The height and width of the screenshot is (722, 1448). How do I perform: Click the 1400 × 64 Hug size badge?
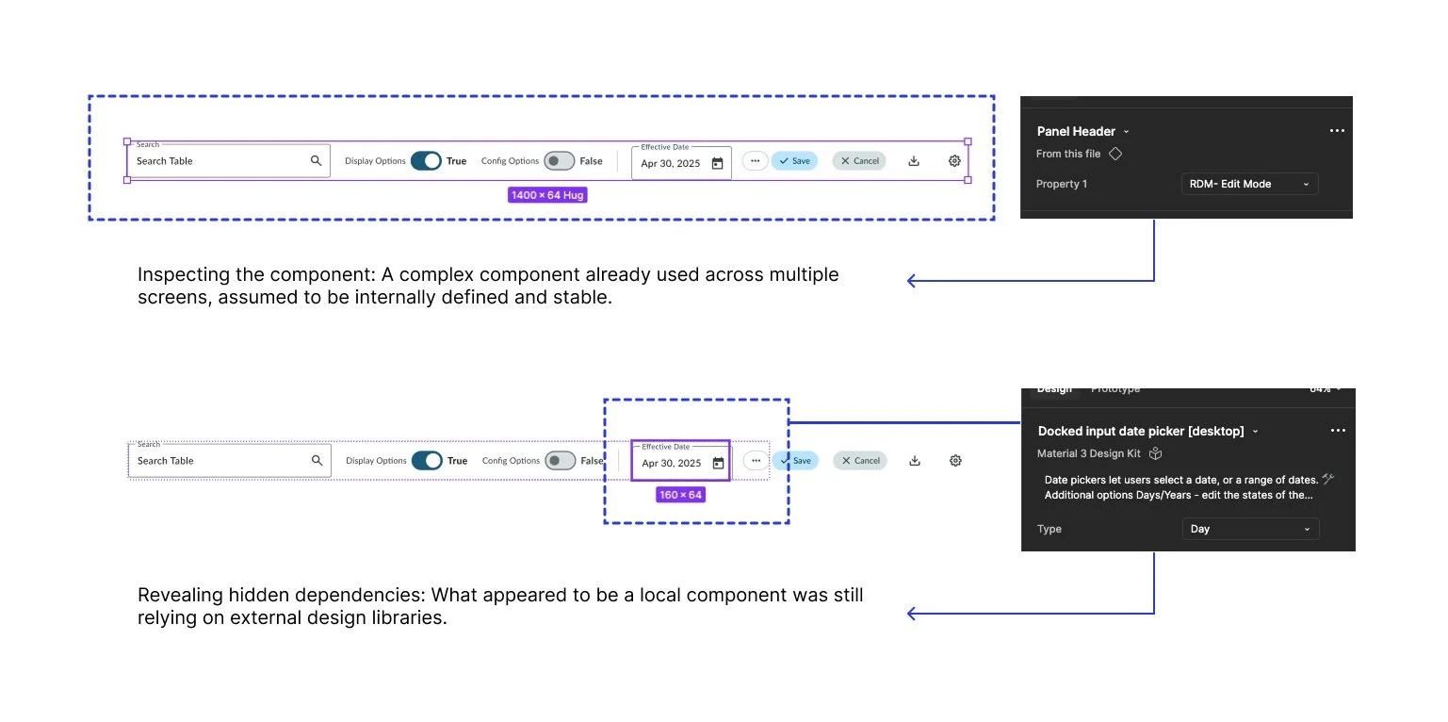click(x=547, y=195)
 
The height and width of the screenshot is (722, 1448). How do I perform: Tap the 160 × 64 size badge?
click(x=680, y=495)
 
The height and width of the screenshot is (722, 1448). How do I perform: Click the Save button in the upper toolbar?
click(x=794, y=161)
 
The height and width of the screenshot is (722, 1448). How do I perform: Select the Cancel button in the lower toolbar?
click(x=860, y=461)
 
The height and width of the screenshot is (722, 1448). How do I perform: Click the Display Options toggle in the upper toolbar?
click(x=426, y=161)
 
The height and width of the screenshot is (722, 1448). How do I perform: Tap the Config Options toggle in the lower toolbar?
click(x=560, y=461)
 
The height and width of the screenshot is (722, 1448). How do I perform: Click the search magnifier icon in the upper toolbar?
click(x=317, y=161)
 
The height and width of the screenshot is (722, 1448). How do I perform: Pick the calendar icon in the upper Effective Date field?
click(x=717, y=163)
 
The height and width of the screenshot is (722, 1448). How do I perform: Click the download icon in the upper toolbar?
click(x=914, y=161)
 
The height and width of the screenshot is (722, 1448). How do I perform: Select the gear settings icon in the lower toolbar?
click(x=955, y=461)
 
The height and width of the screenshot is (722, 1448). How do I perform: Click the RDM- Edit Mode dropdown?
click(x=1249, y=184)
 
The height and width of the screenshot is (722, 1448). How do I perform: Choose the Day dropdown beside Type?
click(x=1250, y=529)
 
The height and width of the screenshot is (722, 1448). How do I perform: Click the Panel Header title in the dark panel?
click(x=1076, y=131)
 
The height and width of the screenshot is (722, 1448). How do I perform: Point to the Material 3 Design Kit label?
click(x=1089, y=453)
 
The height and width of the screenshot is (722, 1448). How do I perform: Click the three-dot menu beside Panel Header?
click(x=1337, y=131)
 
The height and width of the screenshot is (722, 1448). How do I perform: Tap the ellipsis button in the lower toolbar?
click(x=756, y=461)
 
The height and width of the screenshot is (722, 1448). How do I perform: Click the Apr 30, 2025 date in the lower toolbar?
click(x=672, y=464)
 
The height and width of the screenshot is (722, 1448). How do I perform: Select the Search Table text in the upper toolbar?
click(x=165, y=161)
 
